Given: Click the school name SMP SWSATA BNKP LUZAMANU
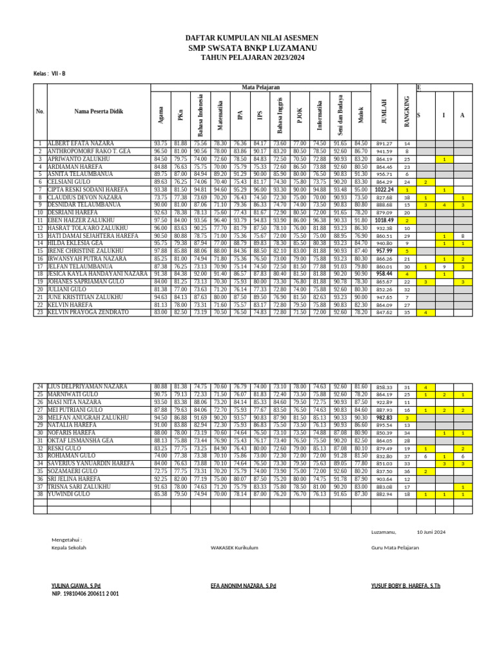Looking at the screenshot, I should tap(247, 48).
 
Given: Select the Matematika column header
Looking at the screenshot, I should tap(220, 111).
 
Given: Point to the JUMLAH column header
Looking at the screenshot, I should tap(384, 111).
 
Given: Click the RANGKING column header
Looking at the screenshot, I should tap(407, 111).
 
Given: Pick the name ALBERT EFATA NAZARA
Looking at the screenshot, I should tap(81, 143).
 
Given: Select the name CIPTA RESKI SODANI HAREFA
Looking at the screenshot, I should tap(87, 189).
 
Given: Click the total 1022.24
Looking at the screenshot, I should tap(384, 190).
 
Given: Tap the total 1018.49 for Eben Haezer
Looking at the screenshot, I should tap(384, 220).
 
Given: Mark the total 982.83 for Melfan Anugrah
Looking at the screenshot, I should tap(384, 418).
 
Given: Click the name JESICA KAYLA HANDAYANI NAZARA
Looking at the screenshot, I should tap(97, 274).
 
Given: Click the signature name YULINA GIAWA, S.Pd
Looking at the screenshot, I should tap(76, 586).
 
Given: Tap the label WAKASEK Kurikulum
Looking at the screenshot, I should tap(235, 547).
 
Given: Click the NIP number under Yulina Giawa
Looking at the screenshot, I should tap(85, 594).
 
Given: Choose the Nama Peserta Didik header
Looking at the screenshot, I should tap(98, 112).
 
